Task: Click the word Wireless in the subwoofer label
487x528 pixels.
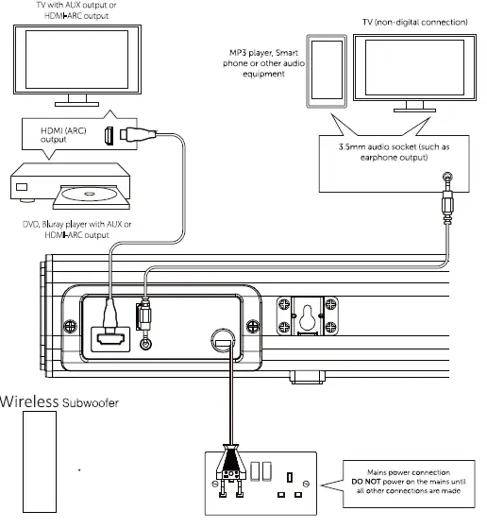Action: point(30,400)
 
